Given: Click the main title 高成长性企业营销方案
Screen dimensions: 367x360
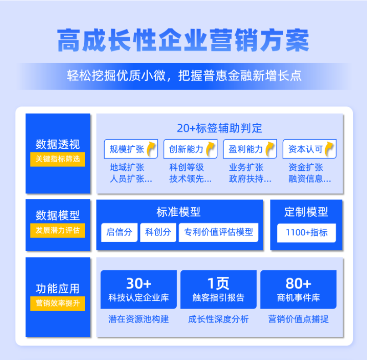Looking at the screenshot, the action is click(x=183, y=40).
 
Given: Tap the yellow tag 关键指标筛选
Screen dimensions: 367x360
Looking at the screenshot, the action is click(x=57, y=159).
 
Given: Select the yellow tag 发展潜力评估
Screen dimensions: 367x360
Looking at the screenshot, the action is click(x=57, y=230).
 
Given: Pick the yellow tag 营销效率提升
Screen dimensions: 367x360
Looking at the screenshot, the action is click(x=57, y=304).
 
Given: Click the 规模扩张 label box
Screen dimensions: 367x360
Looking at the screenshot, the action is click(x=131, y=149).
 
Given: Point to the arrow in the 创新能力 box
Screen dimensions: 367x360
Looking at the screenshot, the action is click(x=210, y=149).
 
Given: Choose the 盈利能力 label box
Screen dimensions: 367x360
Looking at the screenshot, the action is click(x=250, y=149).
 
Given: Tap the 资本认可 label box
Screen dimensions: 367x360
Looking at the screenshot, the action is click(x=310, y=149).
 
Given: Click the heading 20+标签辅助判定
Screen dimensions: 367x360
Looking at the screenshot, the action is click(x=219, y=128).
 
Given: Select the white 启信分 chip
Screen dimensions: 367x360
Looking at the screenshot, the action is click(x=119, y=232).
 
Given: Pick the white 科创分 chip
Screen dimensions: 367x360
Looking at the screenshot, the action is click(x=158, y=232).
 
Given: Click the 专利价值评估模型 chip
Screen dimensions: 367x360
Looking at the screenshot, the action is click(x=219, y=232).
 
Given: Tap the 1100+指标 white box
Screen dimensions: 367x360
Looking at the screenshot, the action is click(x=306, y=233).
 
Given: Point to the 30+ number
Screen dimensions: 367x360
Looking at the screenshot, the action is click(x=139, y=284).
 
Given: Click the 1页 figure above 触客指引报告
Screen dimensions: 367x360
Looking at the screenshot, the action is click(x=219, y=284).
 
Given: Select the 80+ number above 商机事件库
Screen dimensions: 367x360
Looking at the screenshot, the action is click(x=298, y=284).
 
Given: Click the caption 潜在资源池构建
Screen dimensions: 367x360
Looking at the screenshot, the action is click(x=138, y=319).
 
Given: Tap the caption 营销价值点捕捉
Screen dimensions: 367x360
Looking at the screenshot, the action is click(x=298, y=319).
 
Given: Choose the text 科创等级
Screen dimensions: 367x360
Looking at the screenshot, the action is click(x=187, y=167).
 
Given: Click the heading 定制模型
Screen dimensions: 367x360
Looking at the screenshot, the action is click(x=306, y=212).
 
